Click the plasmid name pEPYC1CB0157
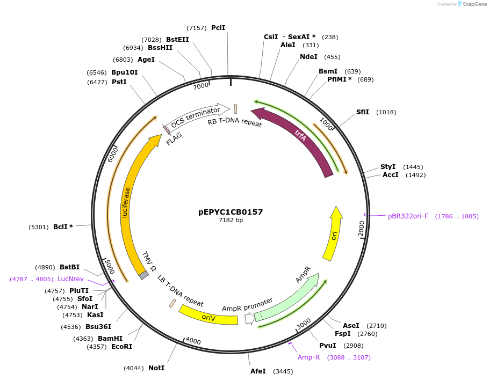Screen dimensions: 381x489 (x=231, y=212)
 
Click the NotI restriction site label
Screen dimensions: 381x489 (x=156, y=368)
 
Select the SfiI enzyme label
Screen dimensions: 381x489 (x=363, y=112)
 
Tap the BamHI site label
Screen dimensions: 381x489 (x=110, y=339)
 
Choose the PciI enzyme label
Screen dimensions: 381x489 (x=218, y=27)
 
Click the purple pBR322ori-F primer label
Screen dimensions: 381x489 (x=408, y=216)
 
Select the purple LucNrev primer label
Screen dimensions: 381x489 (x=70, y=279)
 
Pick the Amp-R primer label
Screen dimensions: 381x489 (x=309, y=357)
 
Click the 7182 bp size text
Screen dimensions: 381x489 (x=231, y=220)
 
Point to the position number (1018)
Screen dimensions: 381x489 (x=386, y=112)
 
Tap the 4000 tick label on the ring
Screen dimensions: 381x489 (x=192, y=341)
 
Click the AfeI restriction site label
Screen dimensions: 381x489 (x=258, y=371)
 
